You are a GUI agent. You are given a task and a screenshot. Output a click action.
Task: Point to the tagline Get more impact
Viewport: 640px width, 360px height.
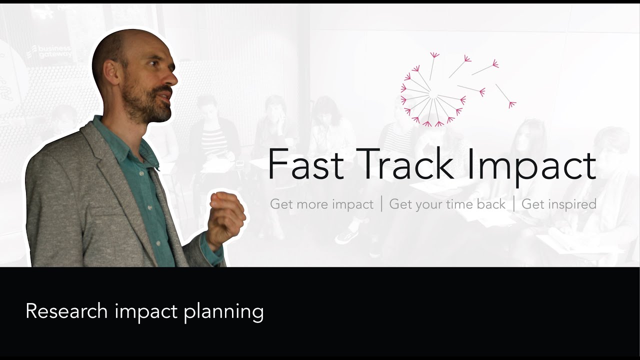point(321,204)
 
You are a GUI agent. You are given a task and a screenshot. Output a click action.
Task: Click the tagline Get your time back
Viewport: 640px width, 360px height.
point(447,204)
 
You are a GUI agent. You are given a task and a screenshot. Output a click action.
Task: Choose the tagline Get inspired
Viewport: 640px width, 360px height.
point(558,204)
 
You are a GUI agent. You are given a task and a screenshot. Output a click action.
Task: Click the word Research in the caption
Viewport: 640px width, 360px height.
point(66,311)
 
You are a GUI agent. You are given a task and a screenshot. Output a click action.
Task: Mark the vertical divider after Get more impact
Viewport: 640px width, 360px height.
point(381,204)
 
